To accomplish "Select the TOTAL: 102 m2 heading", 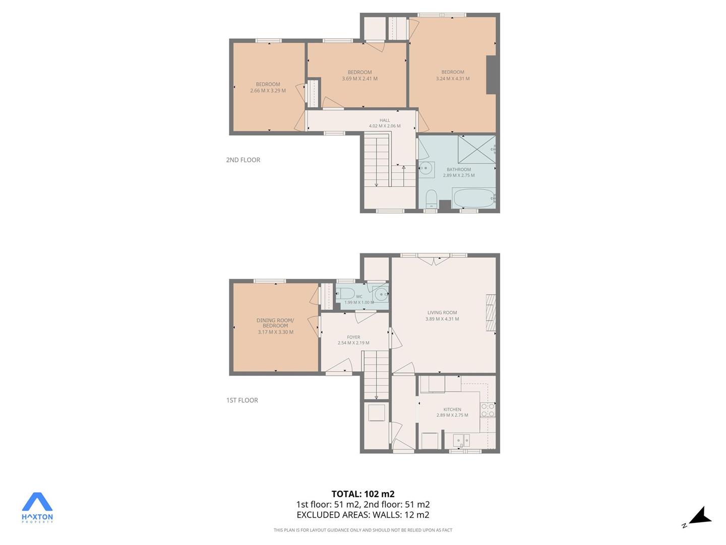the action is [363, 494].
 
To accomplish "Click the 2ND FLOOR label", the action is [243, 160].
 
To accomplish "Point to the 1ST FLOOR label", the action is [242, 400].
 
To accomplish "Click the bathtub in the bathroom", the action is [474, 198].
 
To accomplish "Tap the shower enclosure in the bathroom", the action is [476, 149].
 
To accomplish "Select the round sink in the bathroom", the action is [426, 170].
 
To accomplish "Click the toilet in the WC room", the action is [345, 293].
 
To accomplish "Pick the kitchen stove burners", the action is [488, 410].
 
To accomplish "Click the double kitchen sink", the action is [462, 441].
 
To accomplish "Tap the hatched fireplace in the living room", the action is [491, 312].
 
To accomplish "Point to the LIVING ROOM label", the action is [442, 312].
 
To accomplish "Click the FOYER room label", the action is [353, 337].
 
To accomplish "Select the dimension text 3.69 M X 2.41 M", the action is [359, 79].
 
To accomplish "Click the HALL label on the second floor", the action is [385, 120].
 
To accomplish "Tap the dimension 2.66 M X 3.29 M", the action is [268, 90].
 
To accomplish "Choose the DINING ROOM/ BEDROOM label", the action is [275, 323].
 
